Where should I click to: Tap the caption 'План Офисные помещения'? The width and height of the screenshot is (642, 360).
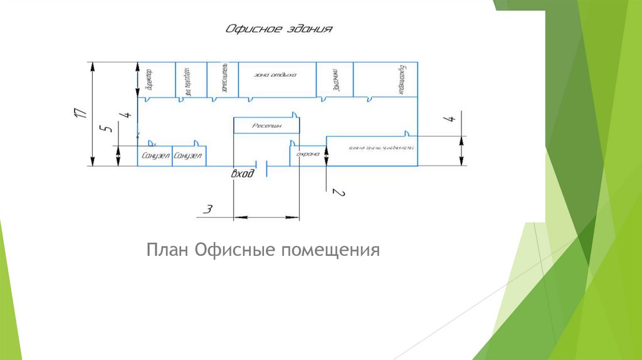[x=264, y=250]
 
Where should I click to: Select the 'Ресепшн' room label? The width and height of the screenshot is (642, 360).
[x=266, y=125]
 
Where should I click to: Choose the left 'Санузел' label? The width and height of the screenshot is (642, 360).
[x=155, y=156]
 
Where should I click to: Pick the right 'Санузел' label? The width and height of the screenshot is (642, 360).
[x=188, y=156]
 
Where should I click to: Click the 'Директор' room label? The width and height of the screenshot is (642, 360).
[x=149, y=81]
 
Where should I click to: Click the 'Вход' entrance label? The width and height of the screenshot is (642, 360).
[x=243, y=174]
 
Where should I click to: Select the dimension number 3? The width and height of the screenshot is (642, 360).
[x=210, y=208]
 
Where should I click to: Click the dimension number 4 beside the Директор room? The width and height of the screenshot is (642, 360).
[x=129, y=115]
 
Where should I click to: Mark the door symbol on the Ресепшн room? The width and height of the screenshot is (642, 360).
[x=294, y=115]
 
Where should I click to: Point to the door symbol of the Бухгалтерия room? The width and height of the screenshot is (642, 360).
[x=372, y=97]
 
